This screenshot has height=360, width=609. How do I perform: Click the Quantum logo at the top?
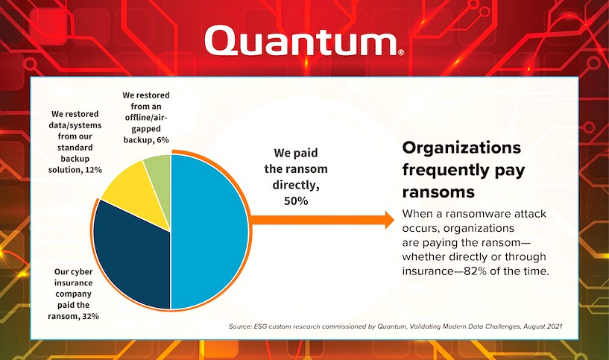(304, 40)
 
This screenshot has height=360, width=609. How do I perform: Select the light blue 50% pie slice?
(209, 232)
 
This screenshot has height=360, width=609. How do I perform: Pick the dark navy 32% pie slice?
(132, 256)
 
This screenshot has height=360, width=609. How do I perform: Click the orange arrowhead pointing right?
(388, 220)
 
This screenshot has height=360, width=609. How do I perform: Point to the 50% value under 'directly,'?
(296, 200)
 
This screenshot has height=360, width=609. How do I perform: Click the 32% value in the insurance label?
(90, 316)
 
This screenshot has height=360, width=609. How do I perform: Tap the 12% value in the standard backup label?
(94, 170)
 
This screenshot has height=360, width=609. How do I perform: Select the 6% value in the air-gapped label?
(162, 140)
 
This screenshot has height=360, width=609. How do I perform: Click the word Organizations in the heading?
(461, 148)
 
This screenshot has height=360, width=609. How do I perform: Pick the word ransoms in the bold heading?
(438, 192)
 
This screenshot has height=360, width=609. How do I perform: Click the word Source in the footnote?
(239, 326)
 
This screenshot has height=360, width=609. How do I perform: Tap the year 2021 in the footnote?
(555, 326)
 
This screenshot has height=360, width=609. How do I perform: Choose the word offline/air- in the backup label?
(146, 117)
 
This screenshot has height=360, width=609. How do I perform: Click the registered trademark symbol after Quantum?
(401, 52)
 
